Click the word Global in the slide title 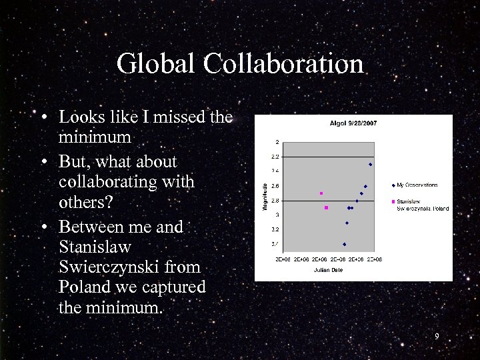tap(157, 65)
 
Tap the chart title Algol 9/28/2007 tap(353, 123)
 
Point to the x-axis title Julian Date tap(328, 270)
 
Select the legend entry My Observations tap(417, 185)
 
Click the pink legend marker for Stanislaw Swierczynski tap(393, 201)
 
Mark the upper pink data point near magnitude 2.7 tap(321, 193)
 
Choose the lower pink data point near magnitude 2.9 tap(326, 208)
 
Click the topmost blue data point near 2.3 tap(370, 164)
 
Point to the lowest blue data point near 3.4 tap(344, 244)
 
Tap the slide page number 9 tap(437, 337)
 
